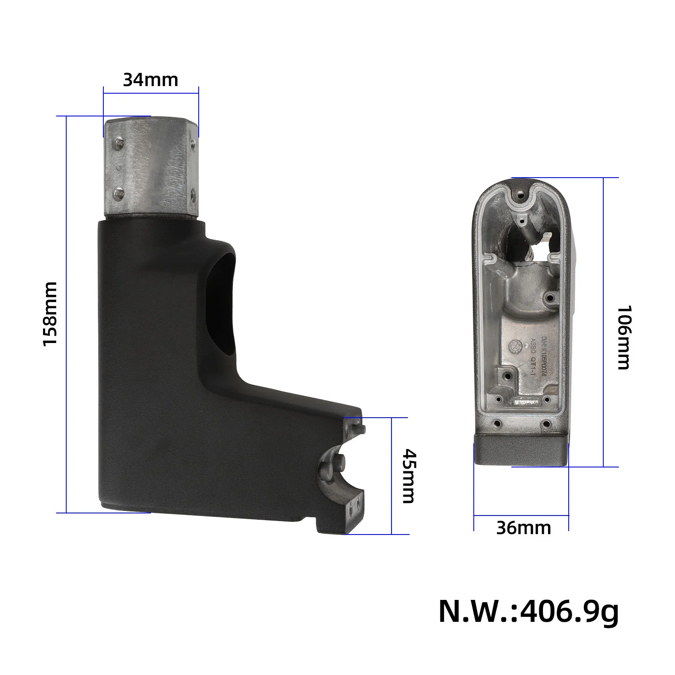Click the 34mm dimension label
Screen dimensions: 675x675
[x=151, y=80]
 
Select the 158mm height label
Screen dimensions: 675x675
[x=50, y=314]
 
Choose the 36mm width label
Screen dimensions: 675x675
[x=524, y=528]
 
